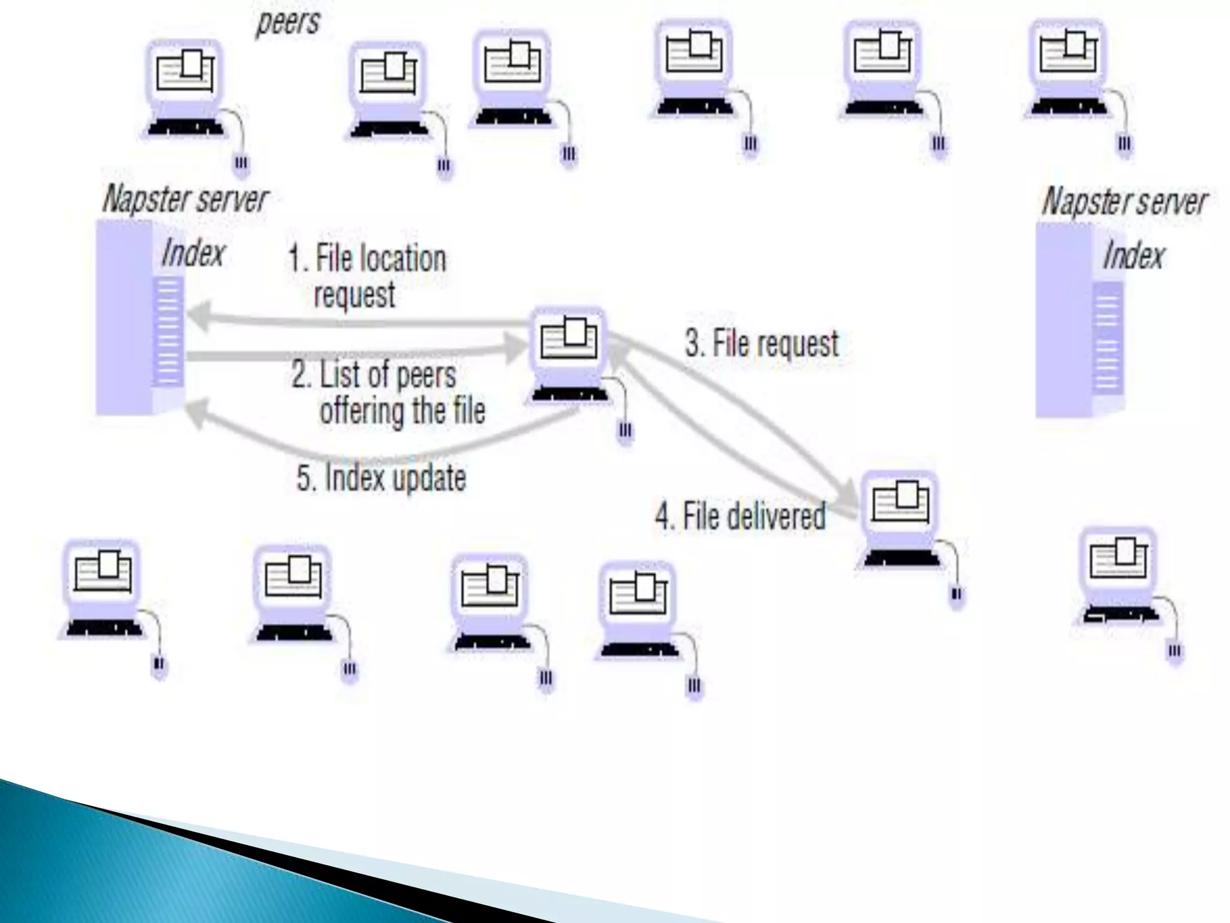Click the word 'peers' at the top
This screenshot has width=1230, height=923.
click(x=288, y=23)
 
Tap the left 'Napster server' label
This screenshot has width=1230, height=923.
click(x=186, y=199)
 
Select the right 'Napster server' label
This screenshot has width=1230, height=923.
click(x=1124, y=201)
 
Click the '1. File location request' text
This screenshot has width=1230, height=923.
click(x=368, y=276)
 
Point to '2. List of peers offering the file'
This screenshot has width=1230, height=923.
click(x=388, y=392)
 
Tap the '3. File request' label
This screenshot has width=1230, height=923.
click(x=762, y=344)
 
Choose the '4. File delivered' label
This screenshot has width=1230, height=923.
click(x=740, y=516)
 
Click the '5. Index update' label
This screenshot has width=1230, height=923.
click(x=381, y=478)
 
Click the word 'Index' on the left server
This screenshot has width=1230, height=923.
click(x=193, y=253)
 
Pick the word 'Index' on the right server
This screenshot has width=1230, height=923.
click(x=1133, y=255)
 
